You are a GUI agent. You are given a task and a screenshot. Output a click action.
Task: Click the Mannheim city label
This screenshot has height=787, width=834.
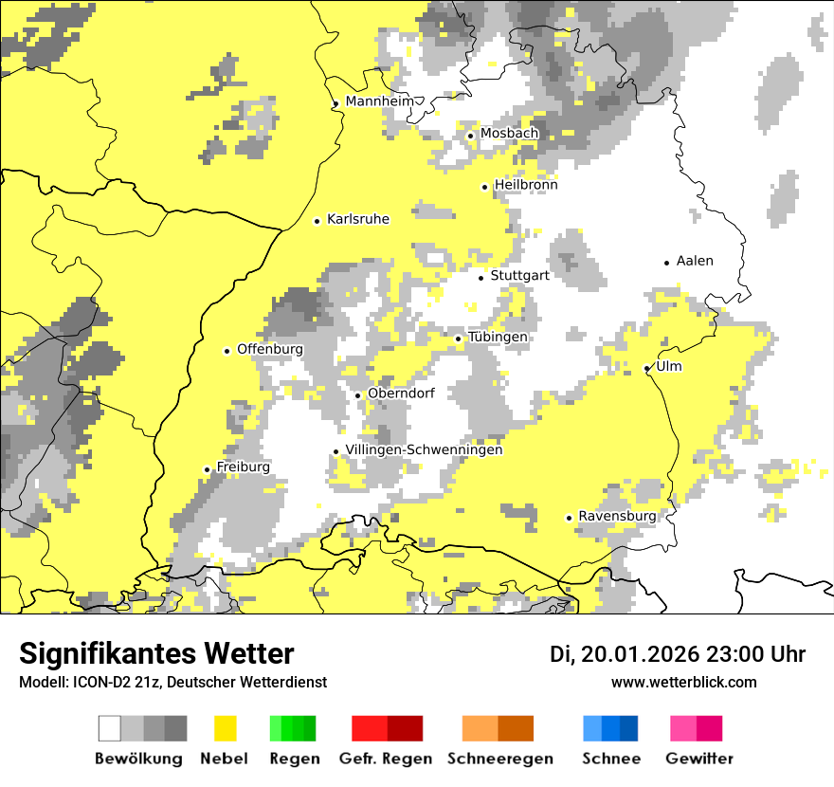(380, 101)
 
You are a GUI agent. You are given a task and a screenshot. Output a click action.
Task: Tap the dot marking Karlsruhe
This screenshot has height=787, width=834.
(317, 221)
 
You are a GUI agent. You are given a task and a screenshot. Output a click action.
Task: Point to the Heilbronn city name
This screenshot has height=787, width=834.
(526, 185)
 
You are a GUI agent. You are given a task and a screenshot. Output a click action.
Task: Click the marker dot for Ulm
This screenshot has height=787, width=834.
(646, 368)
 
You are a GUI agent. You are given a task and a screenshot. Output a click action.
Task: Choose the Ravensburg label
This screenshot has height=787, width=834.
(617, 516)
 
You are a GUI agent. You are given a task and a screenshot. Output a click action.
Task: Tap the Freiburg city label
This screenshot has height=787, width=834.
(243, 467)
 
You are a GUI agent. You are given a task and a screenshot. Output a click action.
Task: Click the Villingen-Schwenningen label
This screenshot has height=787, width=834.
(424, 450)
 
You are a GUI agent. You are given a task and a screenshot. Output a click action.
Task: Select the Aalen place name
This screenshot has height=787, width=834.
(695, 261)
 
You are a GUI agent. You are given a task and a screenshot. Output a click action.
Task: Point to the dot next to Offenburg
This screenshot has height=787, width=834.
(227, 351)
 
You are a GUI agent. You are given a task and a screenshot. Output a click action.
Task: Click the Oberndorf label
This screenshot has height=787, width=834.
(401, 393)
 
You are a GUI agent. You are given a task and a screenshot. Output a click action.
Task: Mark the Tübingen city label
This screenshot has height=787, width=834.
(498, 338)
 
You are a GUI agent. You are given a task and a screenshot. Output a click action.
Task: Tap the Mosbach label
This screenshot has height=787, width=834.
(509, 134)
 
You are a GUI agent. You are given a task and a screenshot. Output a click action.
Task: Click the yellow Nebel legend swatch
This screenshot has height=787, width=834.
(225, 728)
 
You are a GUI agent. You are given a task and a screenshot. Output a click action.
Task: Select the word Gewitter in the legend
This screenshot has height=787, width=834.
(698, 759)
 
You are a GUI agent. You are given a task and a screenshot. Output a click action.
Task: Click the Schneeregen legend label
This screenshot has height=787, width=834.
(500, 759)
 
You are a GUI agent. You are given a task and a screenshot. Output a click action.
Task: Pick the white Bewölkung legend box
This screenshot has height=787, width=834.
(110, 728)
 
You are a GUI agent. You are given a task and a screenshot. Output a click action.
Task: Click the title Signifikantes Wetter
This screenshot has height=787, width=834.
(156, 653)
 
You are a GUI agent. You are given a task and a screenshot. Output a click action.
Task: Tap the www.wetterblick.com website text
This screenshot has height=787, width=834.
(683, 682)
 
